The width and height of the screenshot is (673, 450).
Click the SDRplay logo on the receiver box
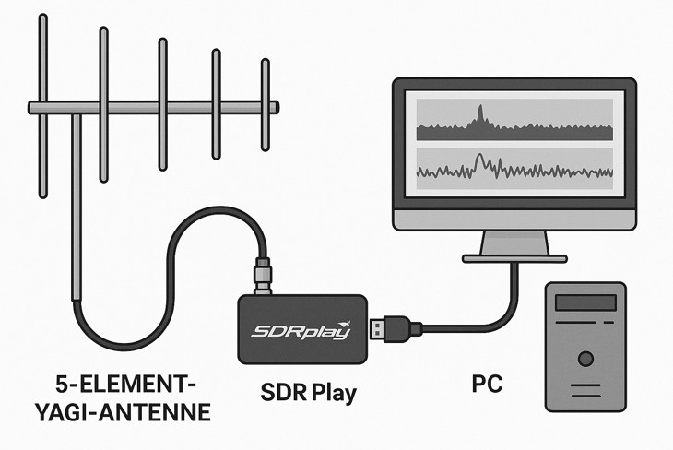301,330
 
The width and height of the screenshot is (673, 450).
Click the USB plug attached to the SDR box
392,326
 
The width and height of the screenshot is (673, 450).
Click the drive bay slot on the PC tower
584,306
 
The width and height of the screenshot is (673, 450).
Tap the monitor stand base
514,258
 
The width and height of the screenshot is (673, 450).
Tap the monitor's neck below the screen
514,242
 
